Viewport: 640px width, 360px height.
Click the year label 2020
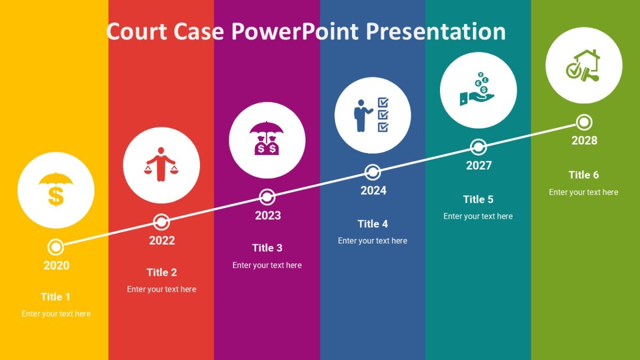pos(56,266)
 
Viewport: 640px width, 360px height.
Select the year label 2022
pos(162,241)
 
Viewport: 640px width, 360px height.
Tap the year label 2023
pos(267,215)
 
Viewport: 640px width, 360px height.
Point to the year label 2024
pos(373,191)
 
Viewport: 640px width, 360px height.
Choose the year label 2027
pos(478,166)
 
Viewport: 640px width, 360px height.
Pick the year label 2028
pos(584,141)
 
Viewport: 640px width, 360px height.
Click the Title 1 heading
pos(55,297)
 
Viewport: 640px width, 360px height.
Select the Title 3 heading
pos(267,248)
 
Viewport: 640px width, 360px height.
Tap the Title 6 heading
pos(583,175)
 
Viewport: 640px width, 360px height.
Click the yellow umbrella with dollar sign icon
pos(56,189)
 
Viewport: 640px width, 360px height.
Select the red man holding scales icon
pos(162,165)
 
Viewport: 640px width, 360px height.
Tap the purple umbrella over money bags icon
pos(267,139)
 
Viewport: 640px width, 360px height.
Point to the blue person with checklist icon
pos(372,115)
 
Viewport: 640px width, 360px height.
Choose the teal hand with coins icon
pos(477,90)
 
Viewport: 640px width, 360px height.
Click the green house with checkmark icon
pos(583,65)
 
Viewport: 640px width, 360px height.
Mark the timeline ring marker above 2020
pos(56,247)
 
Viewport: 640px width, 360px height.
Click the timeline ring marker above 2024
pos(373,172)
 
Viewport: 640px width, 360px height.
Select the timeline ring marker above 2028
pos(585,122)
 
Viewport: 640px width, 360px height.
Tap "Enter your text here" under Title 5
pos(478,217)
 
